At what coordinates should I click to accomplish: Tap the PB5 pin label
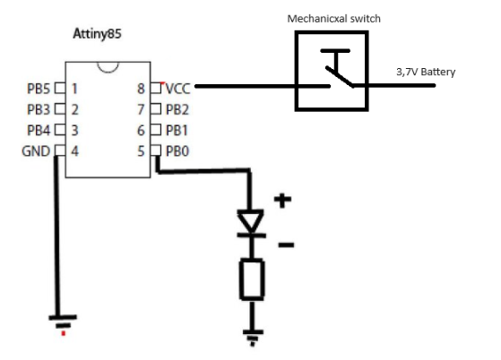click(39, 89)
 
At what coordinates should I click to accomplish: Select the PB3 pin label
click(39, 109)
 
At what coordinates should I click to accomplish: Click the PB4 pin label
click(39, 130)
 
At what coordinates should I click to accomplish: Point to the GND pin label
click(36, 150)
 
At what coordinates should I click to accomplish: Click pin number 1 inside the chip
click(75, 89)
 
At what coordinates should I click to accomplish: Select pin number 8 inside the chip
click(142, 89)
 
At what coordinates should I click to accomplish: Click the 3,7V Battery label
click(426, 73)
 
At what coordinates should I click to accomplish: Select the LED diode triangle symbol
click(251, 220)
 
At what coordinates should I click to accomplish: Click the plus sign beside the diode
click(282, 201)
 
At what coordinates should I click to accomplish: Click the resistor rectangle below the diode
click(251, 279)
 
